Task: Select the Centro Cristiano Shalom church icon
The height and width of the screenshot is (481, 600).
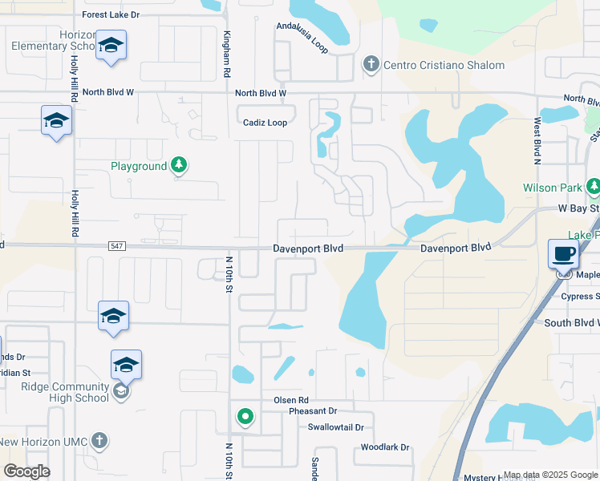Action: click(x=371, y=64)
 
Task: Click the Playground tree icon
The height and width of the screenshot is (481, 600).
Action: click(x=180, y=166)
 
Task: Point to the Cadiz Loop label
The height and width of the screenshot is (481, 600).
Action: click(x=265, y=123)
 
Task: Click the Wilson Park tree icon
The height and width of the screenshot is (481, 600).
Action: click(x=593, y=187)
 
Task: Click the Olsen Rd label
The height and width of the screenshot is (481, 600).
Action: click(x=291, y=400)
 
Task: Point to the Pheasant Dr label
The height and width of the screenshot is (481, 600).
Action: click(x=318, y=411)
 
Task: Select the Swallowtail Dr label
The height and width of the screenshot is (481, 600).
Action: click(x=336, y=427)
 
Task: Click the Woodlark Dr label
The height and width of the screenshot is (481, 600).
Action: click(x=385, y=447)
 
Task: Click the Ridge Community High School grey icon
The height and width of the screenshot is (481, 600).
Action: click(x=121, y=390)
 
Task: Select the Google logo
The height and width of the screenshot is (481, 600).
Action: click(x=26, y=471)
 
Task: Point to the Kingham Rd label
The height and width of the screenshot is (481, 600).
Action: click(x=227, y=55)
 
